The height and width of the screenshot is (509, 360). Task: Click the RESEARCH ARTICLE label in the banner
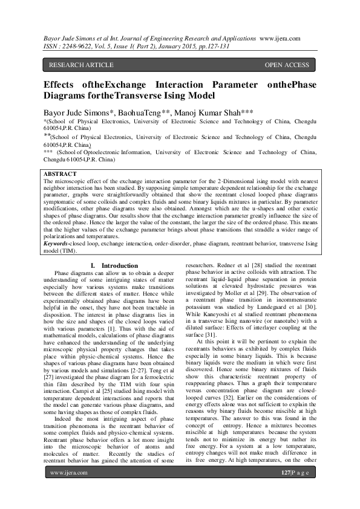(80, 65)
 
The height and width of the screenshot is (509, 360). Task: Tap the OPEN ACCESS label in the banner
(287, 65)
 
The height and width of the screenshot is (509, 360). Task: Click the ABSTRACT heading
(60, 173)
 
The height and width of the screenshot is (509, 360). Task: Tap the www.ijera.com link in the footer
(67, 488)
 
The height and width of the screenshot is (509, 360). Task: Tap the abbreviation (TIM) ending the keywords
(75, 251)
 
